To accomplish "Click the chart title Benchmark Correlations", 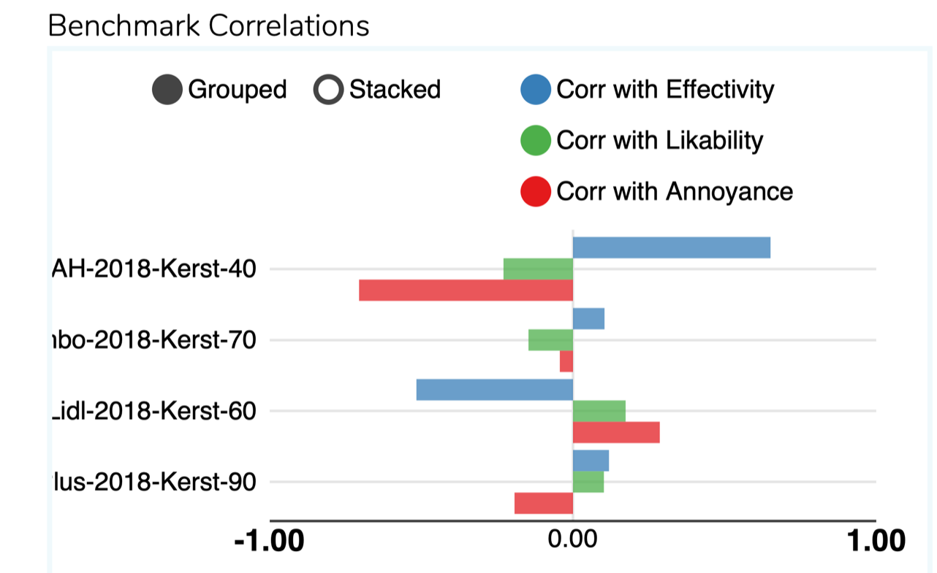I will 208,26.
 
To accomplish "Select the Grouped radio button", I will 167,91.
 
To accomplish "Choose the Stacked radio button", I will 327,91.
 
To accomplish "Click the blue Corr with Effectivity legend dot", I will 535,91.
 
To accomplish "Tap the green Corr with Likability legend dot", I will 535,141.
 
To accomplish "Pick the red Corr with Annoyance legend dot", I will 535,192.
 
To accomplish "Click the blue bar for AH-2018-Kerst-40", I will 671,247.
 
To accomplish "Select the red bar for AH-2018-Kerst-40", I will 466,291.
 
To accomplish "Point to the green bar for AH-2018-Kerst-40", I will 538,269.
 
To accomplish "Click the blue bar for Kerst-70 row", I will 588,319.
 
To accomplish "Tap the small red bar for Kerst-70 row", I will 566,361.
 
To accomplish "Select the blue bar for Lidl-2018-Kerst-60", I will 494,390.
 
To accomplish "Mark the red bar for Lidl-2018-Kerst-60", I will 616,432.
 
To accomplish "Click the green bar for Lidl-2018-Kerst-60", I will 599,411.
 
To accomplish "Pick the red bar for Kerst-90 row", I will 543,504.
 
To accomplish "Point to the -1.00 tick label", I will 269,542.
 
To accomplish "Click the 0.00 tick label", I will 572,542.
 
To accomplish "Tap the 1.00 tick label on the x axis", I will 875,542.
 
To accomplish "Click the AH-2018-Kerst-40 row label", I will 154,269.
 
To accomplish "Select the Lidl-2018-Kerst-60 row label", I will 154,411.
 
